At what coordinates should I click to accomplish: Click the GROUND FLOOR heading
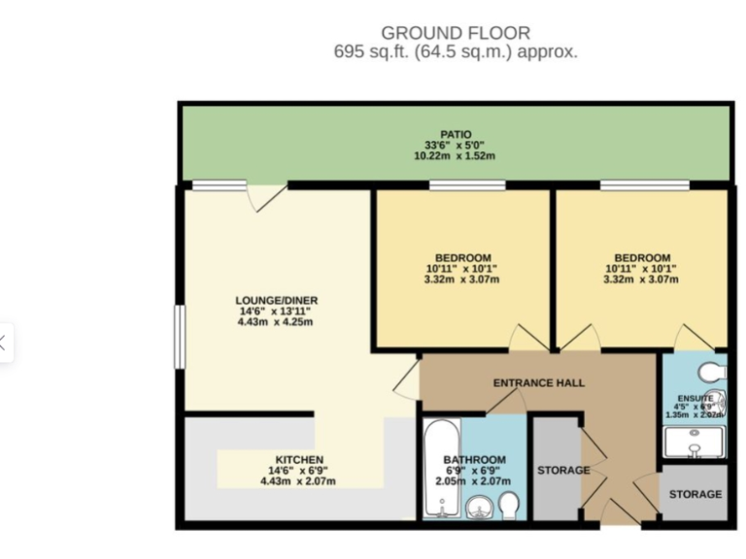[456, 33]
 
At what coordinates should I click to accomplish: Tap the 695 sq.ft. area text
[456, 52]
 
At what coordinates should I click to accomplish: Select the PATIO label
[456, 135]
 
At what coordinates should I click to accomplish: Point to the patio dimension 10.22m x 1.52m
[456, 156]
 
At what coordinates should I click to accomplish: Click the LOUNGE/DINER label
[276, 300]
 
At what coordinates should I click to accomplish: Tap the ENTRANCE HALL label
[538, 382]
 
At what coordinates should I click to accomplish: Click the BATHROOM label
[474, 459]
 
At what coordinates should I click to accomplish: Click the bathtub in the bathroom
[440, 469]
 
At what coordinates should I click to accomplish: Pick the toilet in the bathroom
[509, 504]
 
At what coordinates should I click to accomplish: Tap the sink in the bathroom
[477, 507]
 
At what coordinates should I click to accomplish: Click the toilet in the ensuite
[712, 371]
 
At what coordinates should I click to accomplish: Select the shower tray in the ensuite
[694, 442]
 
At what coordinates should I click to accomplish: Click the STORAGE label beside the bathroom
[563, 470]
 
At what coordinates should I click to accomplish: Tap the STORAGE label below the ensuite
[695, 494]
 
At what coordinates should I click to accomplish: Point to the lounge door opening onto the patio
[265, 196]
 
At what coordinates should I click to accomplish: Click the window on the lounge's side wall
[179, 337]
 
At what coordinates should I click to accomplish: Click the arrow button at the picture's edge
[4, 342]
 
